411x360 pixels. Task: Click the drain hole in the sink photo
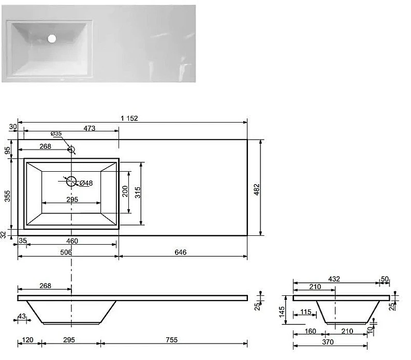tap(52, 38)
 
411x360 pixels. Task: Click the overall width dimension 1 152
tap(129, 118)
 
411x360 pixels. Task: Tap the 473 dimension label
tap(90, 128)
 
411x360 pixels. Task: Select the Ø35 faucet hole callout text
tap(56, 133)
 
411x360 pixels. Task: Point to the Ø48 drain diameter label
tap(86, 183)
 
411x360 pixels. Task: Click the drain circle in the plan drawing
tap(71, 182)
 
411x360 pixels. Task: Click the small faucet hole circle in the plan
tap(71, 149)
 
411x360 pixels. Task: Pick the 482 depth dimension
tap(257, 189)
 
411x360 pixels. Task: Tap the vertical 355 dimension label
tap(7, 196)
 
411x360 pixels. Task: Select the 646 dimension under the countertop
tap(181, 252)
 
